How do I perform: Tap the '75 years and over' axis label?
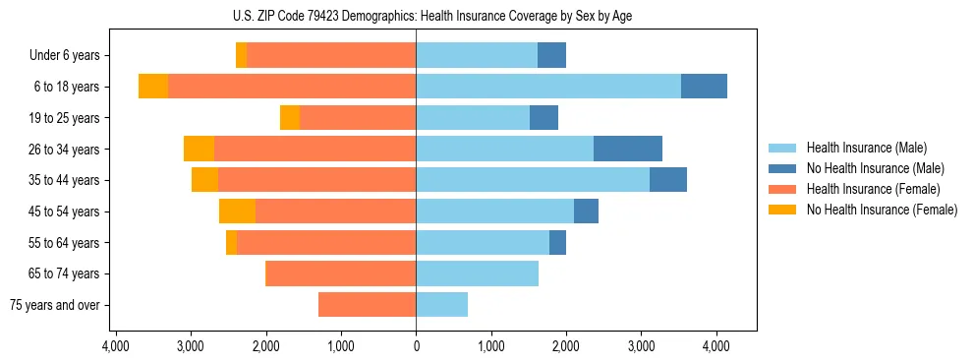tap(55, 305)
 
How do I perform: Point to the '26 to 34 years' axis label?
tap(64, 150)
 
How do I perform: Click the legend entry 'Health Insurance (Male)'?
tap(866, 148)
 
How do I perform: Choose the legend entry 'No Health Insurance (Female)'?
tap(882, 210)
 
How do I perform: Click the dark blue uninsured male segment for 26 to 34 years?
tap(628, 149)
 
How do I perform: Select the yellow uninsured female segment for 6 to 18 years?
tap(153, 87)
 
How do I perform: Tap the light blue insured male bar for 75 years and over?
tap(441, 305)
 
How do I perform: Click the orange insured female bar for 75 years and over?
tap(367, 305)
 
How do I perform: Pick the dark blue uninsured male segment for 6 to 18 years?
tap(704, 87)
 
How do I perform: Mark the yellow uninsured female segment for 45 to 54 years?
tap(237, 212)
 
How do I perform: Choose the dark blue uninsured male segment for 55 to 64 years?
tap(557, 242)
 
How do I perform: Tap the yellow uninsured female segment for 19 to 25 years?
tap(290, 118)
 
